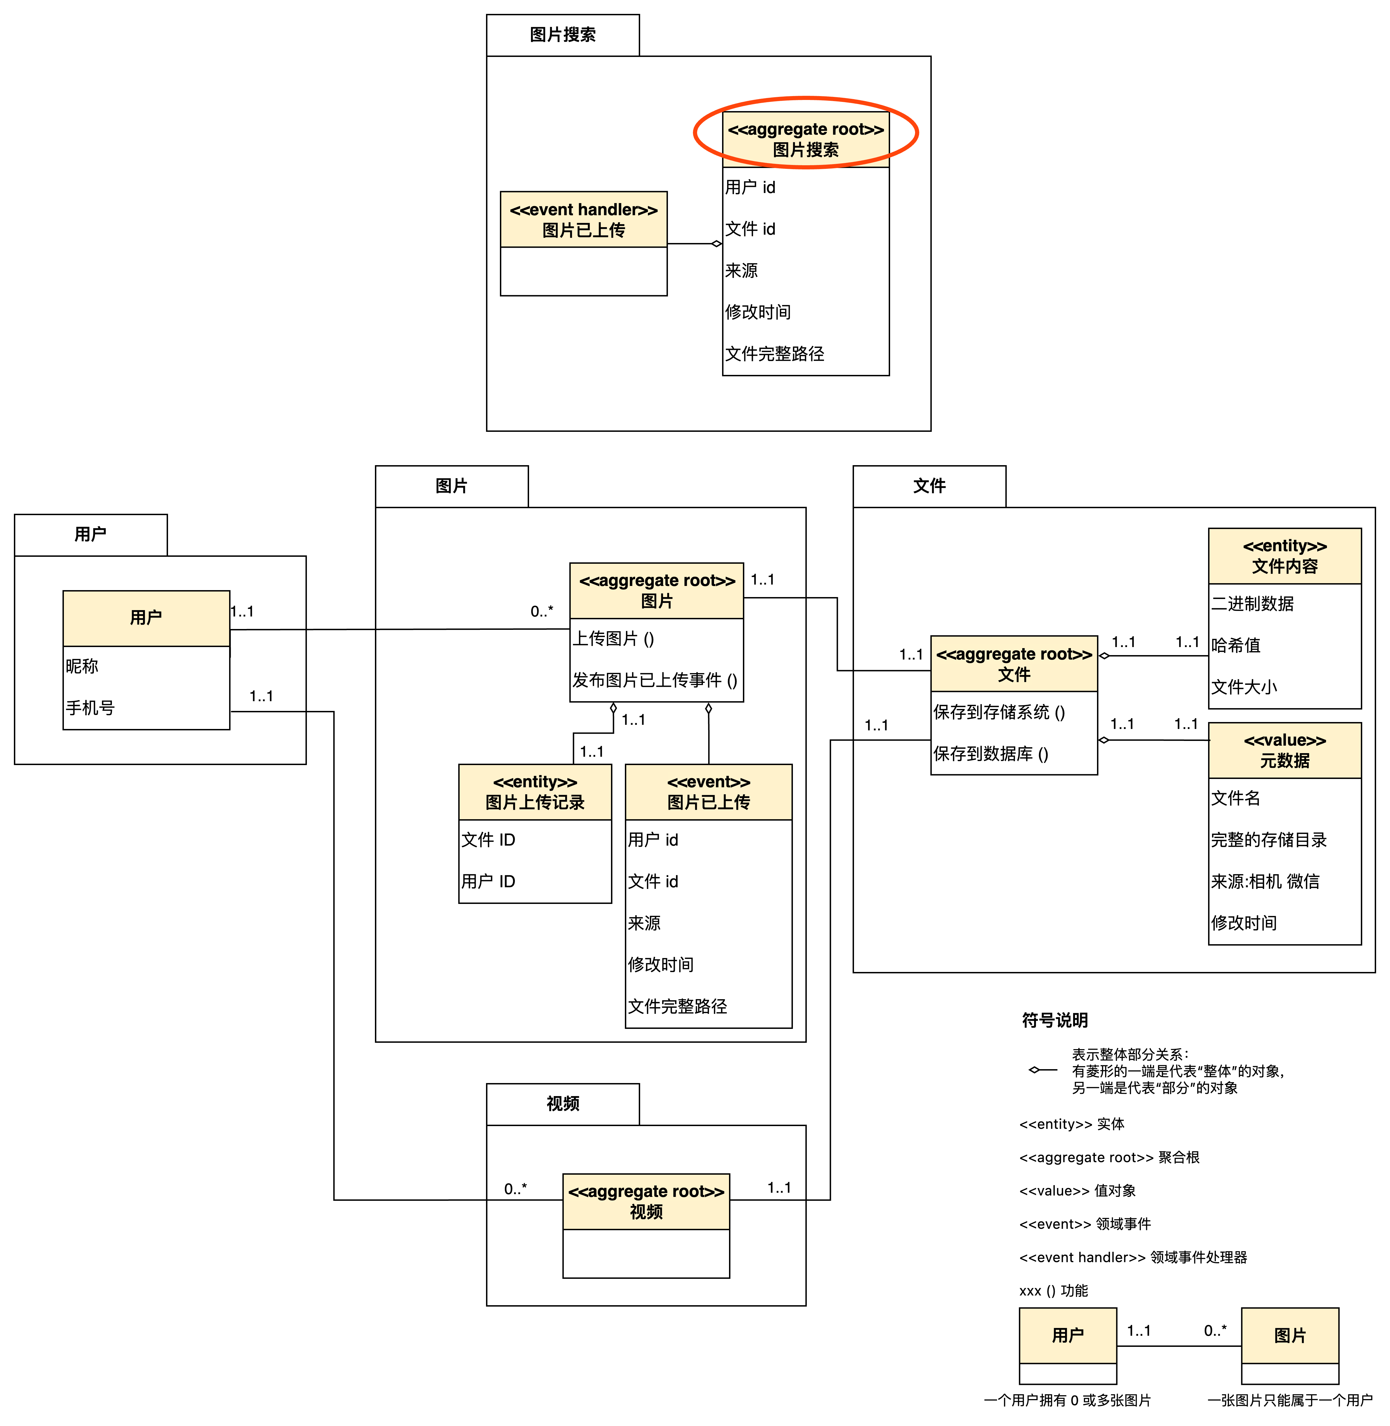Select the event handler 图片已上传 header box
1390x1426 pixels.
click(x=583, y=220)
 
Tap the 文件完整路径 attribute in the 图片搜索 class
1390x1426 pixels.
click(x=775, y=354)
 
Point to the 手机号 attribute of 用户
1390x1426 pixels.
click(x=91, y=708)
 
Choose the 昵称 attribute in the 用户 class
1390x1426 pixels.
click(x=82, y=666)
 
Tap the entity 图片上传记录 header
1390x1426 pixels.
click(x=535, y=792)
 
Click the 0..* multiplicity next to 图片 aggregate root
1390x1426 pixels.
click(x=542, y=611)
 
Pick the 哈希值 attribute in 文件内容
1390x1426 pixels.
click(x=1236, y=645)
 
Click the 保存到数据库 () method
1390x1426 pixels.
click(x=991, y=753)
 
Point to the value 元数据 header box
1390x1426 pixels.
click(x=1285, y=751)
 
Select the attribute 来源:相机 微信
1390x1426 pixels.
click(x=1265, y=881)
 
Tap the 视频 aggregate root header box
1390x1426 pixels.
click(x=646, y=1202)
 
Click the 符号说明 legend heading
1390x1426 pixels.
click(x=1055, y=1020)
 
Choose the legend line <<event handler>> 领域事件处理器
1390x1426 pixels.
click(x=1133, y=1257)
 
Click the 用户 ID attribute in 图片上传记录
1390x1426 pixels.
click(x=489, y=881)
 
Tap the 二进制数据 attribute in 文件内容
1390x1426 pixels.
click(x=1253, y=604)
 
